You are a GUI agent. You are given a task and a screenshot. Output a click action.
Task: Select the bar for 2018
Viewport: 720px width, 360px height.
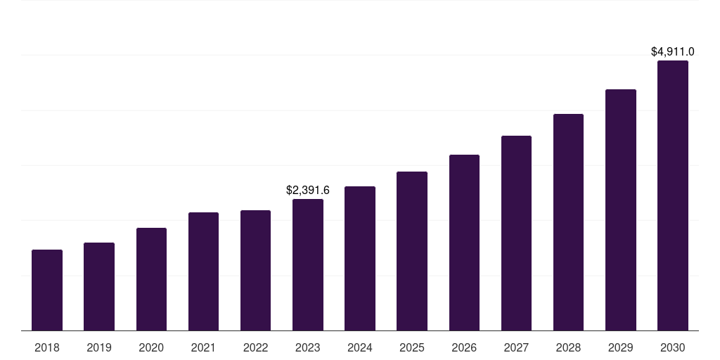[x=47, y=290]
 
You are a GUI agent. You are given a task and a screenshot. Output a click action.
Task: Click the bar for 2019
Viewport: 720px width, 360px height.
[x=99, y=286]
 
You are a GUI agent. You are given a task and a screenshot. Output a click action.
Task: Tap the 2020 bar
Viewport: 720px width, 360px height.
[x=151, y=279]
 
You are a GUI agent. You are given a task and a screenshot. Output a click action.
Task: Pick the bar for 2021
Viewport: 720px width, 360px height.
[x=203, y=271]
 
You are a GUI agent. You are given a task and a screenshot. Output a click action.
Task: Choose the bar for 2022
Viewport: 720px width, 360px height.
[x=255, y=270]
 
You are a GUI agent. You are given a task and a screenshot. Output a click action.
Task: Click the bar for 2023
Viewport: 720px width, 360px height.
[x=308, y=264]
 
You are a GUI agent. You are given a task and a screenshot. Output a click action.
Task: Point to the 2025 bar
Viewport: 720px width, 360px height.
[x=412, y=251]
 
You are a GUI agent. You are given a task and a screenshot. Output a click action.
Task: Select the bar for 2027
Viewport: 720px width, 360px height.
[x=516, y=233]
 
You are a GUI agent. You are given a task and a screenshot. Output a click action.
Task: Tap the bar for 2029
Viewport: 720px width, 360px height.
[x=621, y=210]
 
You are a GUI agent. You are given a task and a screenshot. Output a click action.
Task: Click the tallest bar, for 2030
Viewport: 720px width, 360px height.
[x=673, y=195]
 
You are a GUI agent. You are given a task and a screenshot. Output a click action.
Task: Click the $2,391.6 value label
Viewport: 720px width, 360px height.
[x=308, y=190]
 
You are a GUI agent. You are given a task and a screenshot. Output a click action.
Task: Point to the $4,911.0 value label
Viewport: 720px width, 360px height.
[x=673, y=51]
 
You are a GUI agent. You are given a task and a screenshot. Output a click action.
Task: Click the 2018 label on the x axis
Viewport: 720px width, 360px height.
[x=47, y=347]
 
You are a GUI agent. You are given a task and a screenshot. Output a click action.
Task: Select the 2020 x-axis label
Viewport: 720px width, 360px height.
[x=151, y=347]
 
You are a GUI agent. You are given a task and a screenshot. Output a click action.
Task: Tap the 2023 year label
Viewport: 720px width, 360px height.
[x=308, y=347]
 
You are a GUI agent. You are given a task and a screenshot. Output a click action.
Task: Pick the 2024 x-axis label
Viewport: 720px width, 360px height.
[x=360, y=347]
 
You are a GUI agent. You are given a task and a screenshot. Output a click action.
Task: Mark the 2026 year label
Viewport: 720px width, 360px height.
[x=464, y=347]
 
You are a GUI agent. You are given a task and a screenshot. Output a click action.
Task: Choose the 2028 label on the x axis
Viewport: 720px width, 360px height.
[x=568, y=347]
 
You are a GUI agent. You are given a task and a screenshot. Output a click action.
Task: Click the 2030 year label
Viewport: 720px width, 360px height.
[x=673, y=347]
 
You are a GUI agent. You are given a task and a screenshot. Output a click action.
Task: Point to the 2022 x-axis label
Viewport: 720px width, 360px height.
[x=255, y=347]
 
